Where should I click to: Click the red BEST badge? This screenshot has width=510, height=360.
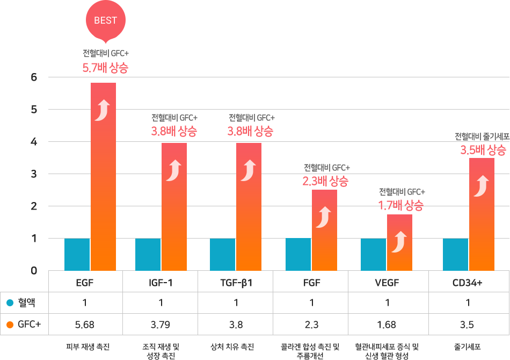click(105, 21)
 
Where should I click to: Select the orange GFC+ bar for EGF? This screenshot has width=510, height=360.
click(103, 177)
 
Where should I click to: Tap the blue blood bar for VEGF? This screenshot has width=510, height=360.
click(373, 255)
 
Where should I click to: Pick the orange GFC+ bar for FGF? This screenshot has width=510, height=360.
click(324, 230)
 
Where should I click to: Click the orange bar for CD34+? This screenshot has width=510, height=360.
click(482, 214)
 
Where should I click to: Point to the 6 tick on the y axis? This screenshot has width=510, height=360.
click(34, 77)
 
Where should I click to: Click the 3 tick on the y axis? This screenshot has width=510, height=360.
click(34, 174)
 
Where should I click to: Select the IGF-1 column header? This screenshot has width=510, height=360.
click(161, 283)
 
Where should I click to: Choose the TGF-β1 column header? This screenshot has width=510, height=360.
click(236, 283)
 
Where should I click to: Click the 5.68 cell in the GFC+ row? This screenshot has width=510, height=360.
click(85, 325)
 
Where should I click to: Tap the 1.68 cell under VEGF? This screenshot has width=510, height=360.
click(387, 325)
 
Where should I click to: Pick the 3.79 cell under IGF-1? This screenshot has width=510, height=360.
click(161, 325)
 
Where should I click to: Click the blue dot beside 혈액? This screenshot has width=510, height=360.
click(10, 303)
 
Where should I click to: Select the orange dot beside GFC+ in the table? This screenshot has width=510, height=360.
click(10, 325)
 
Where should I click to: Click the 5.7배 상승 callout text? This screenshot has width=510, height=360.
click(105, 68)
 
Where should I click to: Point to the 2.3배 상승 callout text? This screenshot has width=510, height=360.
click(325, 181)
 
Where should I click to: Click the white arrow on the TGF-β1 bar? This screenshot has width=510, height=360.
click(249, 170)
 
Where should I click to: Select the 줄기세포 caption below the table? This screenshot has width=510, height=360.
click(467, 347)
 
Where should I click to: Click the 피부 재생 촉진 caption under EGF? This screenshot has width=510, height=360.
click(88, 347)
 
